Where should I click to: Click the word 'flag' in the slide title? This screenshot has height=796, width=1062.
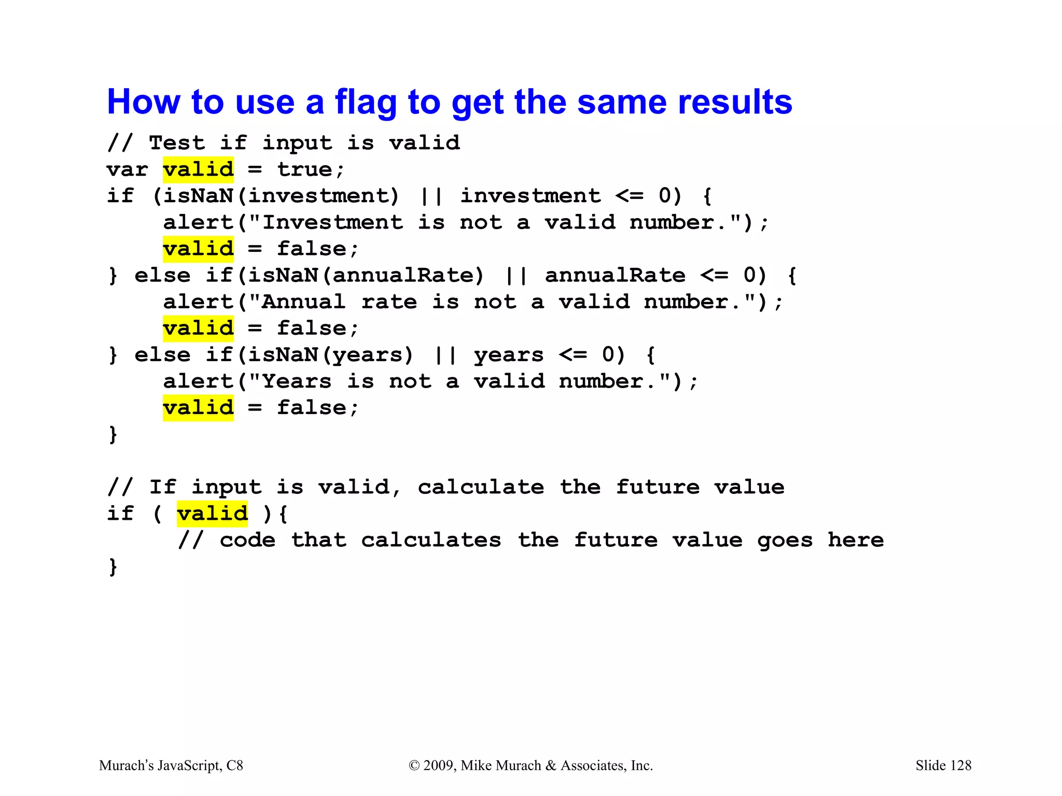coord(366,102)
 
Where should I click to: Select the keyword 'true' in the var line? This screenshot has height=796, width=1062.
coord(304,169)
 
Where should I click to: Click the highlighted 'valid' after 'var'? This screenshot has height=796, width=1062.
coord(198,169)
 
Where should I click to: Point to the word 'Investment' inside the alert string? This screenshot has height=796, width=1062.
coord(332,223)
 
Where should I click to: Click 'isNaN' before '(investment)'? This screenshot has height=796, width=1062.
coord(198,196)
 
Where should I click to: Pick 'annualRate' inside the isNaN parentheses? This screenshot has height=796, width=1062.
coord(403,275)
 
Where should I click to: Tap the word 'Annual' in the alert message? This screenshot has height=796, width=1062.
coord(303,302)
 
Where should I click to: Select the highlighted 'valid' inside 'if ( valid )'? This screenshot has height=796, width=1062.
coord(212,514)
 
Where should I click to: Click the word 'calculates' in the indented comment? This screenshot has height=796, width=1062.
coord(431,540)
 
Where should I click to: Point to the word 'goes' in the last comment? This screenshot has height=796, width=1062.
coord(785,540)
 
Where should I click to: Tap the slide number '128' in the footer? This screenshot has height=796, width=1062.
coord(961,765)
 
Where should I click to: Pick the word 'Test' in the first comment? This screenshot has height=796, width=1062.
coord(177,143)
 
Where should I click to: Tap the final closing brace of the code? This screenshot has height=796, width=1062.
coord(113,566)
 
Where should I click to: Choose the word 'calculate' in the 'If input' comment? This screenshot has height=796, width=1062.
coord(481,487)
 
